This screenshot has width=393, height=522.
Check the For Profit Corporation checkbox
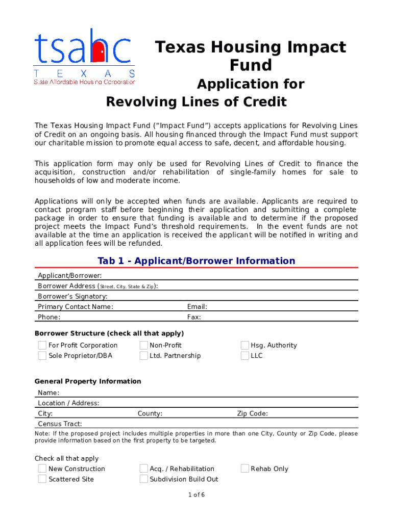pyautogui.click(x=42, y=346)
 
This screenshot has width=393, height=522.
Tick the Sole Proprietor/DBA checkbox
pyautogui.click(x=42, y=356)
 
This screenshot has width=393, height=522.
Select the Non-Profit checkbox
pyautogui.click(x=143, y=346)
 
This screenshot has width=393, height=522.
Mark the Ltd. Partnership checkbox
pyautogui.click(x=143, y=356)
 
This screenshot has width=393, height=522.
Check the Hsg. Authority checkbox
pyautogui.click(x=244, y=346)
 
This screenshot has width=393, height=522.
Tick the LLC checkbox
pyautogui.click(x=244, y=356)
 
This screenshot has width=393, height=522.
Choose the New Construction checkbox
pyautogui.click(x=42, y=469)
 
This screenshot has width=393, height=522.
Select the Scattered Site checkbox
pyautogui.click(x=42, y=479)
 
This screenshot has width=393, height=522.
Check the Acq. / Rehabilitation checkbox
pyautogui.click(x=143, y=469)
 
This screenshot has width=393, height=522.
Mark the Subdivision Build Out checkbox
pyautogui.click(x=143, y=479)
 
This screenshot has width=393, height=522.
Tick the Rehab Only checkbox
pyautogui.click(x=244, y=469)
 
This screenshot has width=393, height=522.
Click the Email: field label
pyautogui.click(x=197, y=307)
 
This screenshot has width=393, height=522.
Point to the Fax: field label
pyautogui.click(x=194, y=317)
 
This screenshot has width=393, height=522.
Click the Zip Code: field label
pyautogui.click(x=252, y=414)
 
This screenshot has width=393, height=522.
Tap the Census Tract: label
pyautogui.click(x=60, y=424)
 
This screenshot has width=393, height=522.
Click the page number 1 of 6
pyautogui.click(x=196, y=495)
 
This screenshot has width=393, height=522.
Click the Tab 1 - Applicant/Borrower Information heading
pyautogui.click(x=196, y=261)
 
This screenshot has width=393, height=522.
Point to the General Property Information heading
pyautogui.click(x=88, y=381)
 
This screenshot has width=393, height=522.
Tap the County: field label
pyautogui.click(x=150, y=414)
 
